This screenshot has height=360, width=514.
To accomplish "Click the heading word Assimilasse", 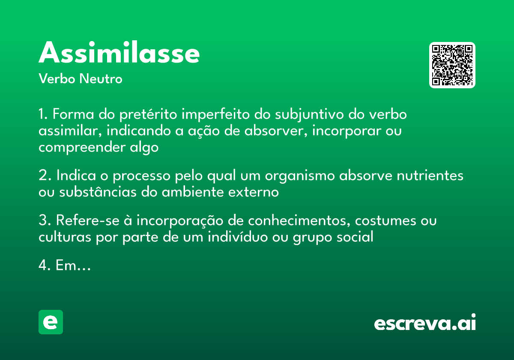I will pos(119,53).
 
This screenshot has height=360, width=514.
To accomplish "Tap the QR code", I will pos(452,65).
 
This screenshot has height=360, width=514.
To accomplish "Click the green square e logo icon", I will pos(51,322).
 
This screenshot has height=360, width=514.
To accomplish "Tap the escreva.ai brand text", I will pos(425,323).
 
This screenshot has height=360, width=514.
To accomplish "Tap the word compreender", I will pos(81,147).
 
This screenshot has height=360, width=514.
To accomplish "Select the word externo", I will pos(255,192).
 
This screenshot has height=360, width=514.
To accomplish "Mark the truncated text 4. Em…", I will pos(64,266).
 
